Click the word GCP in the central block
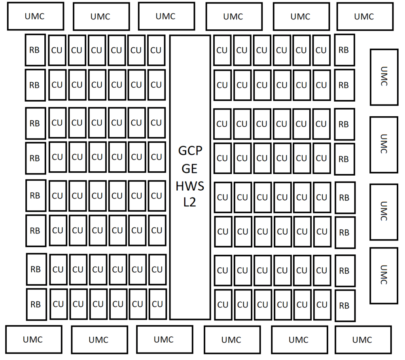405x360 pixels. coord(190,151)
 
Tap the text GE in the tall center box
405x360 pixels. coord(189,169)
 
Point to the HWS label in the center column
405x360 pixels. coord(190,186)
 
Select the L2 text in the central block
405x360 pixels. coord(189,202)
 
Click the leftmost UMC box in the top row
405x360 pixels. coord(36,16)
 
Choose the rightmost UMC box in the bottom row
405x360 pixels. coord(363,339)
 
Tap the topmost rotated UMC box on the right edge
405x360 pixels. coord(384,77)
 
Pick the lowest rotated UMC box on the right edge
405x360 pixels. coord(384,275)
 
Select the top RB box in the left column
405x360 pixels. coord(35,50)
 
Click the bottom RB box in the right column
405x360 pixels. coord(345,305)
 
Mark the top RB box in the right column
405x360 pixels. coord(344,50)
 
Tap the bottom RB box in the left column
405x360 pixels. coord(36,305)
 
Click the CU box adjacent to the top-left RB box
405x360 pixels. coord(57,50)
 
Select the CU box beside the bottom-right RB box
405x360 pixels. coord(322,305)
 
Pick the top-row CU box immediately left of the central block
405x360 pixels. coord(156,50)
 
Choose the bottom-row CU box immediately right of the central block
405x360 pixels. coord(223,305)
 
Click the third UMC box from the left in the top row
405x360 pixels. coord(167,16)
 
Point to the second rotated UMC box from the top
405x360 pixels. coord(384,145)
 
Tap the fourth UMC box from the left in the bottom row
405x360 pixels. coord(232,339)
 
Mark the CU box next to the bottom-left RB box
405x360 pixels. coord(59,304)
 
